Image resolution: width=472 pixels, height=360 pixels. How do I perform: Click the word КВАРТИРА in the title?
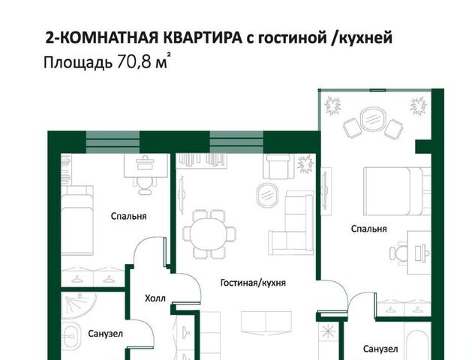click(x=203, y=38)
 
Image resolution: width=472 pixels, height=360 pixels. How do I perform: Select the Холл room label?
click(x=155, y=298)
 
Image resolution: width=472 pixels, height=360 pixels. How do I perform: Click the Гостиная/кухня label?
click(x=253, y=283)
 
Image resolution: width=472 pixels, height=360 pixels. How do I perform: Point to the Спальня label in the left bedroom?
click(x=128, y=216)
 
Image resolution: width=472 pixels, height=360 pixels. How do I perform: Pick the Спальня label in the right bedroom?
click(x=368, y=229)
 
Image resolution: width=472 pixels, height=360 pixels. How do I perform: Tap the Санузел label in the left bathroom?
click(x=105, y=334)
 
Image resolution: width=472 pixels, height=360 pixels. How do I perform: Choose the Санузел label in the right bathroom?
click(x=380, y=349)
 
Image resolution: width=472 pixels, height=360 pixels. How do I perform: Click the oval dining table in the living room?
click(x=208, y=233)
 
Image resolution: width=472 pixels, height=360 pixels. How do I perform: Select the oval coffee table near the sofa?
click(x=267, y=194)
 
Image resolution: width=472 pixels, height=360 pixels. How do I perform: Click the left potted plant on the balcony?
click(x=333, y=106)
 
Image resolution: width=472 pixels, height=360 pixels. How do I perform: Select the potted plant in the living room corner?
click(x=305, y=164)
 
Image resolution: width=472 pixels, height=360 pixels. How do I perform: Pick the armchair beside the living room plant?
click(x=278, y=166)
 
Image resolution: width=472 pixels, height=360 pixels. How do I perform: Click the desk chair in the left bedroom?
click(x=146, y=185)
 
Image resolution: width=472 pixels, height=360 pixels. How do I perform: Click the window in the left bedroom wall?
click(x=113, y=142)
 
